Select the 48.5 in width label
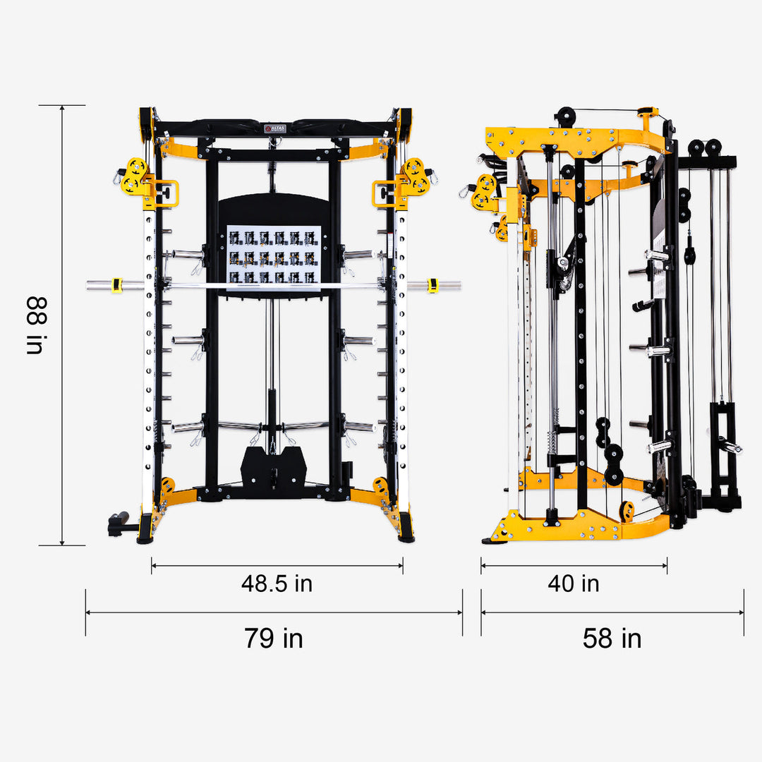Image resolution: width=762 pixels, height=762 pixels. tap(277, 583)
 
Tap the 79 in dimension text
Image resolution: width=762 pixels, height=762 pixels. tap(274, 638)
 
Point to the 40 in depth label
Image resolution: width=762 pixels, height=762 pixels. tap(574, 583)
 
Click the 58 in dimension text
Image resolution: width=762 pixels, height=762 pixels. tap(612, 638)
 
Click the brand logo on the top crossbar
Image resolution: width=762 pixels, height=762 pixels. tap(274, 128)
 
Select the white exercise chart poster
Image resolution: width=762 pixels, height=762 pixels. tap(274, 254)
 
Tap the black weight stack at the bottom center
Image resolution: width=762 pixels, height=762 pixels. tap(274, 466)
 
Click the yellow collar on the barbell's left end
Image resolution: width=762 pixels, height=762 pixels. tap(117, 286)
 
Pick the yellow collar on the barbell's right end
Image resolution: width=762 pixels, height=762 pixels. tap(433, 286)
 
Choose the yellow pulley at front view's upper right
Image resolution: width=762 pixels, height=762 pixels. tap(415, 176)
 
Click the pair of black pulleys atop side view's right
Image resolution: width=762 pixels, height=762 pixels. tap(705, 147)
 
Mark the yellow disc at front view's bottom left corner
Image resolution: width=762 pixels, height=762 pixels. tap(167, 486)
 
